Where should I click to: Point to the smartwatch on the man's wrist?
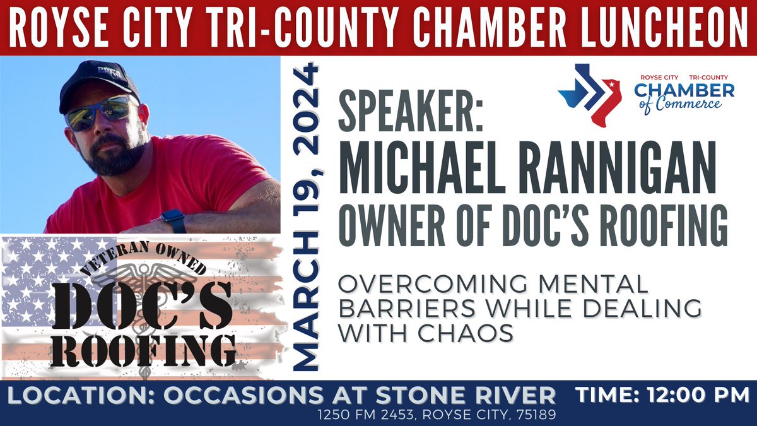[173, 221]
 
